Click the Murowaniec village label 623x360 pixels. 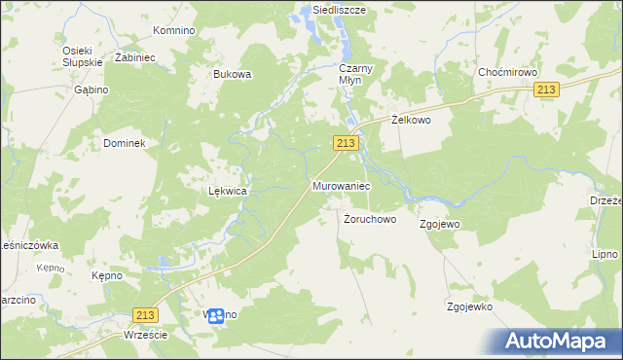341,185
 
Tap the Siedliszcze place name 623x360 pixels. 332,10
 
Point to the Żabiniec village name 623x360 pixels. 135,57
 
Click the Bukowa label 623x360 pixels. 233,74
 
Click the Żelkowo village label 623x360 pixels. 411,120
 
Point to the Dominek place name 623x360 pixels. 124,143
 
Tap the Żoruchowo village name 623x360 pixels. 370,219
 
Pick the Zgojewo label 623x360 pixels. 439,224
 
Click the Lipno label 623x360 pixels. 605,254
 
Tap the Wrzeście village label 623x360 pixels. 146,335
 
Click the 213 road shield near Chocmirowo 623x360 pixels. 546,90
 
